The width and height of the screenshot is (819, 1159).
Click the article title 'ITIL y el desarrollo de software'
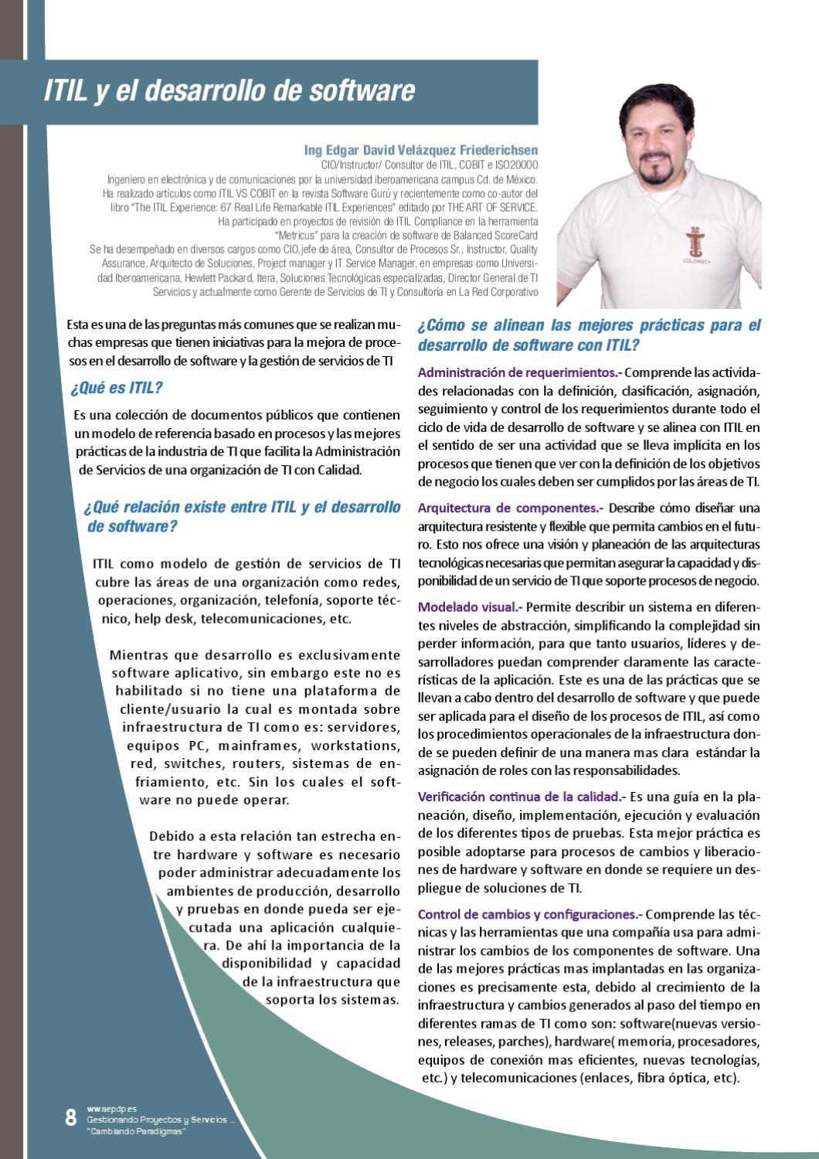tap(229, 90)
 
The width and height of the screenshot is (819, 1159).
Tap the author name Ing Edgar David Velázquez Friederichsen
tap(421, 150)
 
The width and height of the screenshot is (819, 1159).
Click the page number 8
tap(70, 1117)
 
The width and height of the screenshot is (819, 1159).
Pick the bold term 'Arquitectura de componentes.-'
tap(511, 508)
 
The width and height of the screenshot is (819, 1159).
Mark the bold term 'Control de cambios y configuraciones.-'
tap(530, 914)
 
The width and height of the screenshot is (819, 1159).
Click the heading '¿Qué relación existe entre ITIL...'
tap(242, 517)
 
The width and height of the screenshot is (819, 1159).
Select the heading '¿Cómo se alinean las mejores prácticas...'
tap(589, 335)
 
